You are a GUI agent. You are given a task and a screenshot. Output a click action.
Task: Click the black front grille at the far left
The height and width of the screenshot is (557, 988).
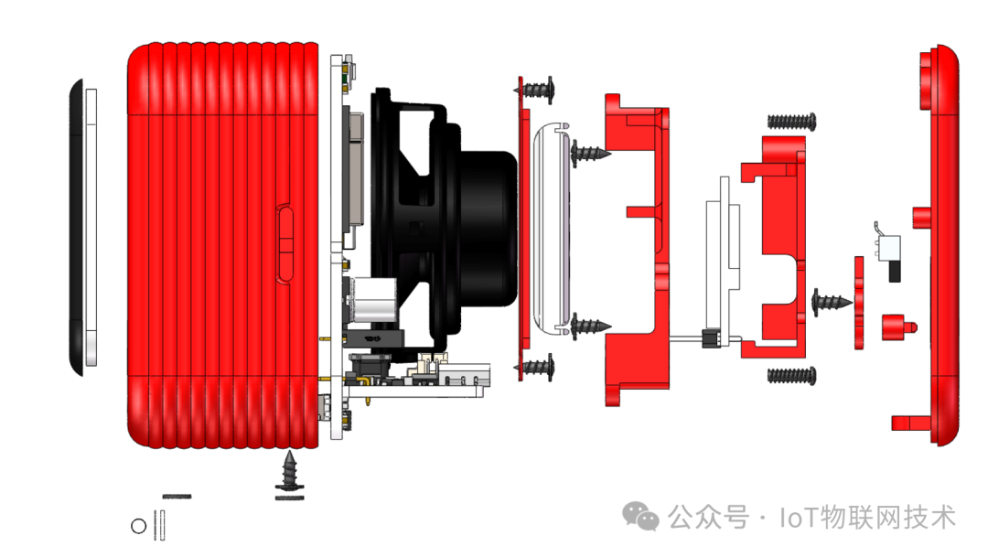click(x=76, y=227)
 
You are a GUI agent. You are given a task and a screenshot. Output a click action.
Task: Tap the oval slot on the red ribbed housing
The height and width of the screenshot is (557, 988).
click(x=285, y=243)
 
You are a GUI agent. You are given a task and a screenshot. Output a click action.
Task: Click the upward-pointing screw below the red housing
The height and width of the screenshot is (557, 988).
click(x=289, y=470)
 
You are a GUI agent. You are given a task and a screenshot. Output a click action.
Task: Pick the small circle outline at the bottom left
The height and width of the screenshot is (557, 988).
click(x=139, y=526)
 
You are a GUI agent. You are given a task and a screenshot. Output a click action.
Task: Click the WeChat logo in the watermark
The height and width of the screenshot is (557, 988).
click(x=640, y=517)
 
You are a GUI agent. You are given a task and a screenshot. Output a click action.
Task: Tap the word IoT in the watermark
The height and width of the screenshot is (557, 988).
click(x=799, y=518)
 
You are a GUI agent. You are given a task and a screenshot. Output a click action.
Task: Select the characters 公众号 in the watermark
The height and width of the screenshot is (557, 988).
click(x=708, y=518)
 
